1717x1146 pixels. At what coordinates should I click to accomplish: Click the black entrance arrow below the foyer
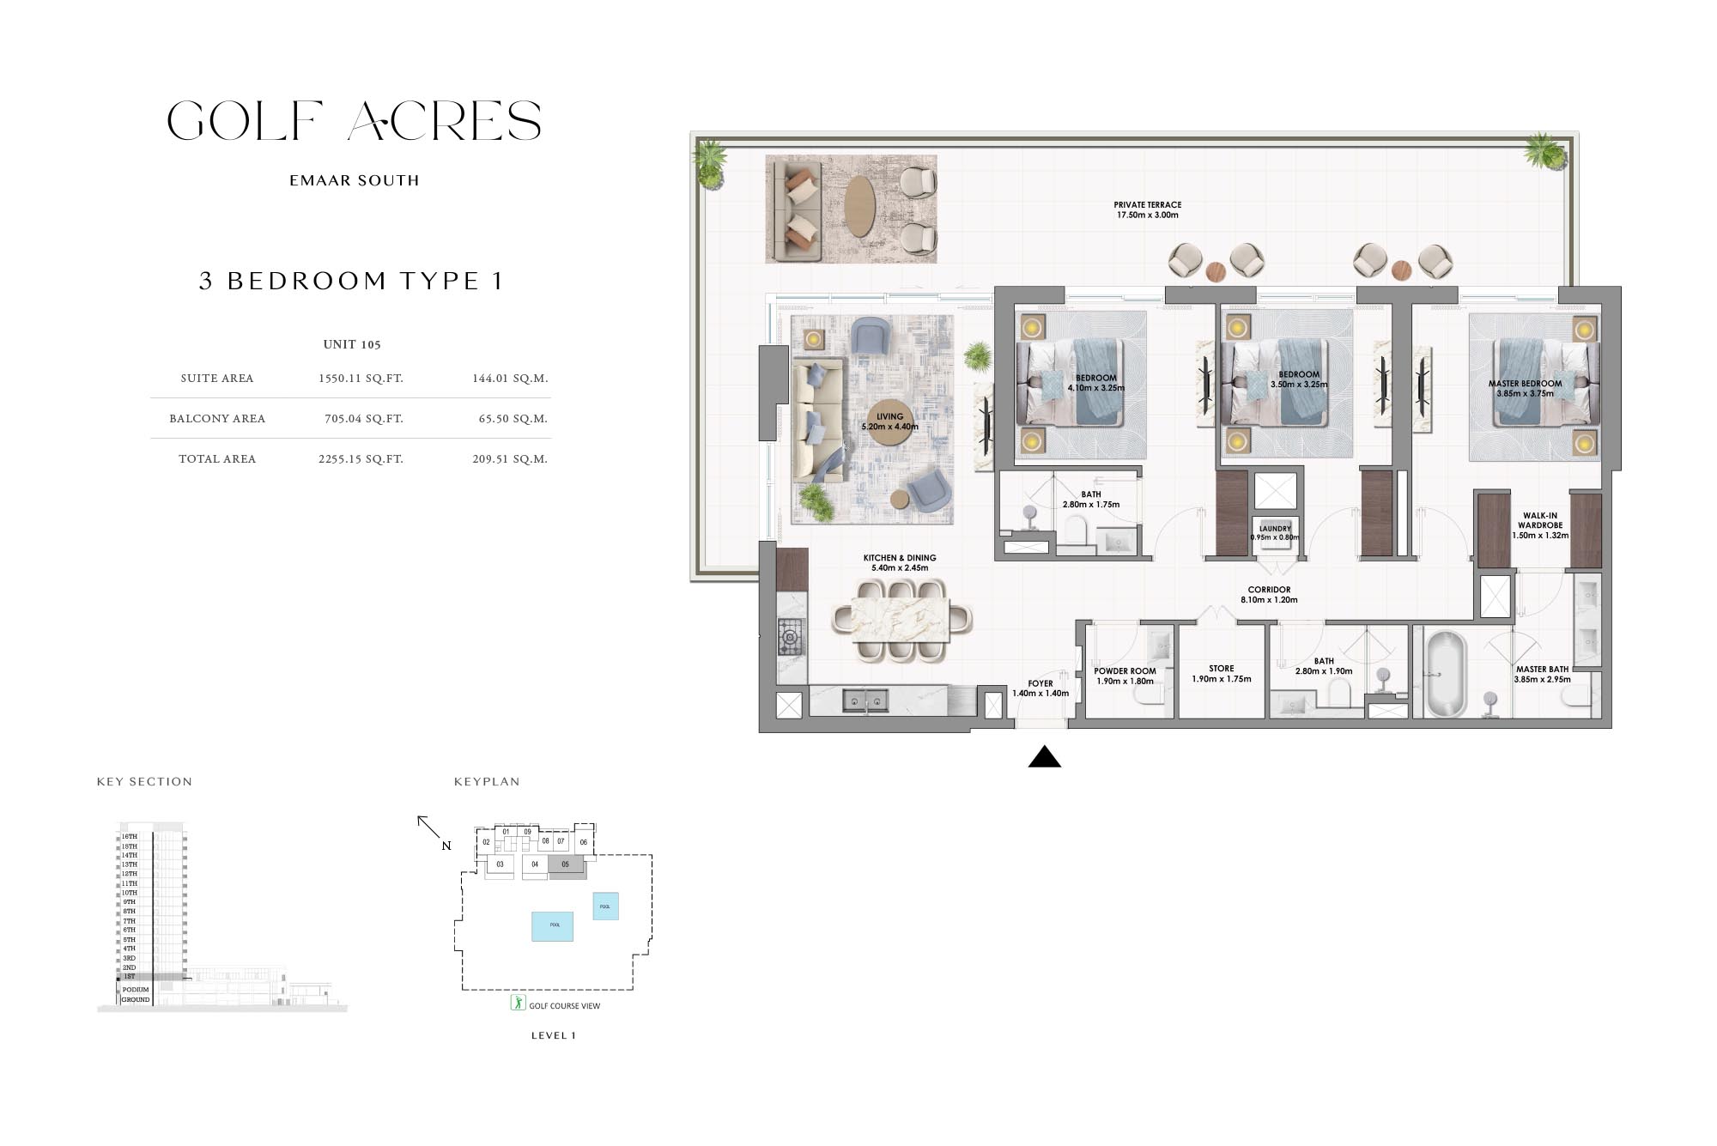click(x=1045, y=757)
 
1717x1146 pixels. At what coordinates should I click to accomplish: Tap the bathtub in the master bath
click(x=1447, y=675)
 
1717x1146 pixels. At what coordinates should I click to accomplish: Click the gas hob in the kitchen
click(x=790, y=637)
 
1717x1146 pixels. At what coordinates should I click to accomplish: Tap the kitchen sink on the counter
click(x=865, y=701)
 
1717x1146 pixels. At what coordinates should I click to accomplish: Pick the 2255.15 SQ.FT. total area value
click(x=361, y=459)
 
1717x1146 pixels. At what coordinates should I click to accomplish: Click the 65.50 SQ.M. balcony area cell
click(x=513, y=419)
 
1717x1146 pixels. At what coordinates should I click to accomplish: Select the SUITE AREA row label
click(x=217, y=379)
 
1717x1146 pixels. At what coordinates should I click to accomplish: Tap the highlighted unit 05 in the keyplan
click(x=566, y=865)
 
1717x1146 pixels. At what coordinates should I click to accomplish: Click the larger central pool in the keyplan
click(x=553, y=925)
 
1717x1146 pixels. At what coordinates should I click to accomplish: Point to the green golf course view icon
click(x=518, y=1003)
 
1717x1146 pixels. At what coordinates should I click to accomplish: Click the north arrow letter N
click(x=446, y=846)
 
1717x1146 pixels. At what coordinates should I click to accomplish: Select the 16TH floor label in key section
click(x=129, y=836)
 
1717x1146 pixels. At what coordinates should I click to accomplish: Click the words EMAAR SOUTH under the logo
click(x=355, y=181)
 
